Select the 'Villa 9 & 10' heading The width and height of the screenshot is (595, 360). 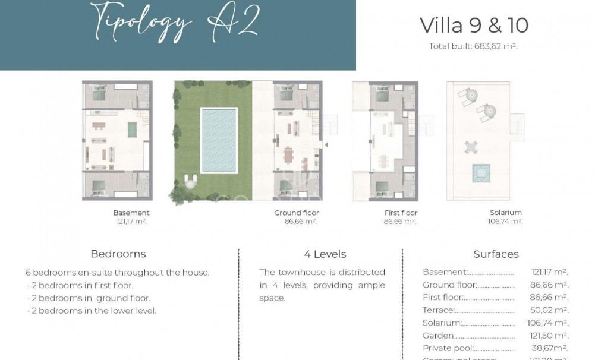coord(474,26)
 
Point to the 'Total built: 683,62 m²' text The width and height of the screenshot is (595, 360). coord(473,46)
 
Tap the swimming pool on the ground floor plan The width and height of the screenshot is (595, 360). coord(219,140)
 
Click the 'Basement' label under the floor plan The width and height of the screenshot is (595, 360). coord(131,213)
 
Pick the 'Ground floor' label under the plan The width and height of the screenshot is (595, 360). coord(297,213)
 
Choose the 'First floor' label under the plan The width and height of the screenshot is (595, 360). coord(401,213)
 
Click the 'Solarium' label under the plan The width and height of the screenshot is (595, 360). coord(506,213)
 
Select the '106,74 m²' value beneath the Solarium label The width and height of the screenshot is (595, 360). coord(505,222)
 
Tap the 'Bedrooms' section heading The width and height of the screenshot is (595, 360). coord(118,254)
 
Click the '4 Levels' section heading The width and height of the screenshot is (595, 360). coord(325,254)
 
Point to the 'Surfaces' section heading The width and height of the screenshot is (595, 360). coord(496,254)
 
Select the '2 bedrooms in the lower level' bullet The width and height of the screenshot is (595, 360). coord(93,311)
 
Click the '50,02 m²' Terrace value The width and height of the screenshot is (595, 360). coord(549,310)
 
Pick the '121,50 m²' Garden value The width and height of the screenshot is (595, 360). coord(549,336)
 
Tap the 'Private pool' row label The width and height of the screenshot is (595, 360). coord(448,348)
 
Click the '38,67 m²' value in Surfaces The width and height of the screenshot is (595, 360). coord(549,348)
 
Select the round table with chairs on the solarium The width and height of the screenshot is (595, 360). coord(471,146)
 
